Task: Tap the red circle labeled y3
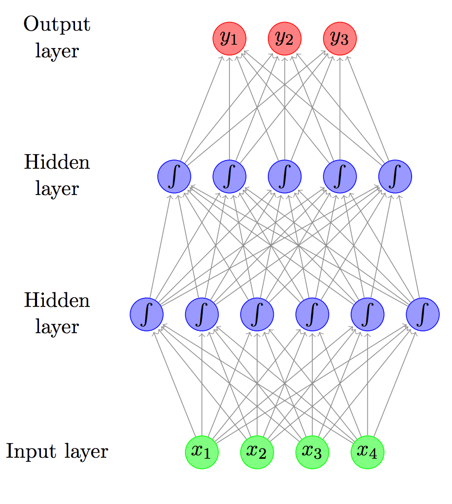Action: pos(340,38)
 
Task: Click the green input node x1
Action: pos(202,452)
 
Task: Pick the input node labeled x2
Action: pos(257,452)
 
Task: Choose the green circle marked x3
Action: pos(312,452)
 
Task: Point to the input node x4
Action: pos(367,452)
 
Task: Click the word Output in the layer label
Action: pos(57,24)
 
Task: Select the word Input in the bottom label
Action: pos(32,452)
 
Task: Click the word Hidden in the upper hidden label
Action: pos(57,162)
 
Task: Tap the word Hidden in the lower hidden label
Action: pos(57,300)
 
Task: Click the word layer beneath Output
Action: pos(57,51)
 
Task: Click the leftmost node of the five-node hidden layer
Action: pos(174,176)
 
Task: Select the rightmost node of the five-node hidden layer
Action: pos(395,176)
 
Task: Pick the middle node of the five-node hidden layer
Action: pos(285,176)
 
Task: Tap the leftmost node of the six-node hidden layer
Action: pos(146,314)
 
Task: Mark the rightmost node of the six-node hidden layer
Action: pos(423,314)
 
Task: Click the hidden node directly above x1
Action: pos(202,314)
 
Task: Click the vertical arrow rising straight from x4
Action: pos(367,384)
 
